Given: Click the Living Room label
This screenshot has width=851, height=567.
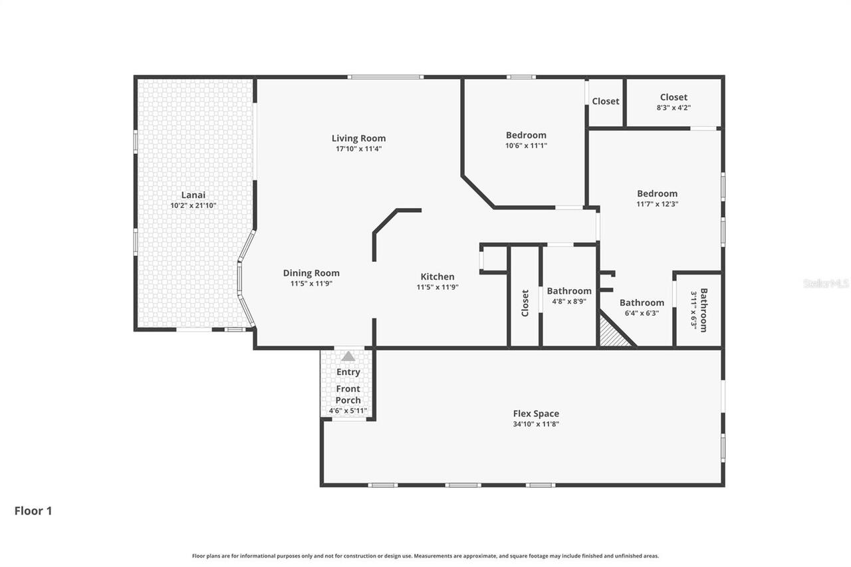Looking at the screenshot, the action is pos(358,138).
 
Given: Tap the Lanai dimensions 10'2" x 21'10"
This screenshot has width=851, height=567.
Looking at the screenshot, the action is pos(193,205).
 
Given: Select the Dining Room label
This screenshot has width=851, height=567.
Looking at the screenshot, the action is pos(311,273).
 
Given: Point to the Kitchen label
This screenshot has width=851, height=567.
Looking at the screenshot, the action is pos(437,277).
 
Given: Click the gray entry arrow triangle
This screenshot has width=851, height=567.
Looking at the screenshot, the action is pos(348,356).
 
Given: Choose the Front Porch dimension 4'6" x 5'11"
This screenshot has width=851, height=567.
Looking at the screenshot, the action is pos(348,411).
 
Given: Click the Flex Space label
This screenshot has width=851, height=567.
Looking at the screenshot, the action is pos(536,413).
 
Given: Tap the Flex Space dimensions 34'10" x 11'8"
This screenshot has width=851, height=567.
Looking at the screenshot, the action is pos(536,424).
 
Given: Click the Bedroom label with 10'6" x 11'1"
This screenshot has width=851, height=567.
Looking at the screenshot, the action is pos(526,135).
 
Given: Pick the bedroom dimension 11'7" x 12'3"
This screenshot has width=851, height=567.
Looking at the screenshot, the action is pos(658,204).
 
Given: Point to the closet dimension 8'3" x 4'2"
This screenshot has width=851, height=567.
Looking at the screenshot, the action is pos(673,108).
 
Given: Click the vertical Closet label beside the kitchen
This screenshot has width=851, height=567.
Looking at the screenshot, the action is pos(525,303).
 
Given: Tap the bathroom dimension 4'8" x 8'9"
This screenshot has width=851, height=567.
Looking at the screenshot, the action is pos(569,302).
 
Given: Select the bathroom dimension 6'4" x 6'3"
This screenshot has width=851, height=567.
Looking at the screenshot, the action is pos(642,313).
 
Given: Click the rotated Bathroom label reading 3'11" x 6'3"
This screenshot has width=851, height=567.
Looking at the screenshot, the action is pos(703,310).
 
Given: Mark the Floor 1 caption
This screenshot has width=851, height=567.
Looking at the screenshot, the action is pos(33,510).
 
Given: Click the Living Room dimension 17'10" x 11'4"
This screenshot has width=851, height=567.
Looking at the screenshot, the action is pos(358,148).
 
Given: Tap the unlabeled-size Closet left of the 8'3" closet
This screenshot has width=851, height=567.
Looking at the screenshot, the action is pos(606,102).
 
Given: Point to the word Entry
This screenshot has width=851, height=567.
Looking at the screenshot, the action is pos(348,372).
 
